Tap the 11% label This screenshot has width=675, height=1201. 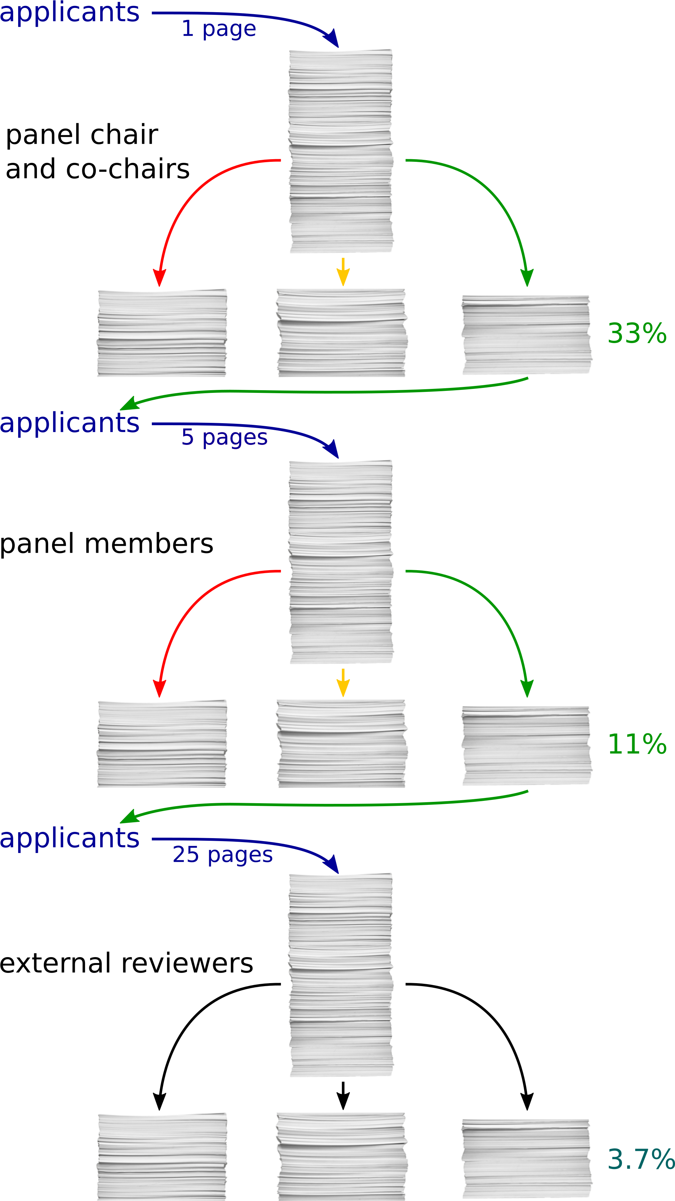coord(637,744)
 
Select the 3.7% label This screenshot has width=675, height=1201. coord(640,1159)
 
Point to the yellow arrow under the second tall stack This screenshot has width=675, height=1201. coord(343,683)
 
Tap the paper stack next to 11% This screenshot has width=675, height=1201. coord(527,746)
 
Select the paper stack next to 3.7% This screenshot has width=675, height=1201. coord(527,1159)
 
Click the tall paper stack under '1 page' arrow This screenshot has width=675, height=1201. coord(341,151)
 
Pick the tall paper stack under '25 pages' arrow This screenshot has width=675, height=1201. coord(341,975)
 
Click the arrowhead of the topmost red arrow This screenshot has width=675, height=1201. coord(159,278)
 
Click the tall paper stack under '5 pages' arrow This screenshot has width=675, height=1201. coord(341,562)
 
